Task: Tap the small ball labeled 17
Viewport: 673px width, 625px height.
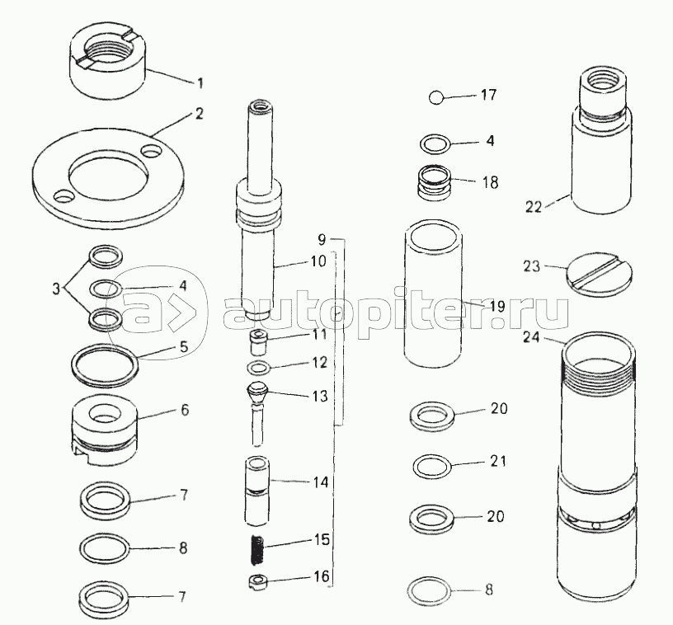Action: tap(436, 97)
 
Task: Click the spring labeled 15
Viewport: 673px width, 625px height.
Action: tap(257, 550)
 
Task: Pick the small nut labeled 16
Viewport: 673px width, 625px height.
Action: tap(257, 582)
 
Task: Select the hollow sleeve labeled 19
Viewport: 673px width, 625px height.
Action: tap(433, 294)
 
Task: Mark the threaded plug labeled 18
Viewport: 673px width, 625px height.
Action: tap(434, 181)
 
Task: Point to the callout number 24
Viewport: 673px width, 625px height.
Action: tap(531, 337)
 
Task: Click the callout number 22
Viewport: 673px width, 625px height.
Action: tap(534, 207)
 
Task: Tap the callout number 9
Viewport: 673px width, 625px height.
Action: tap(322, 239)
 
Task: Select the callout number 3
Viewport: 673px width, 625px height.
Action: tap(56, 289)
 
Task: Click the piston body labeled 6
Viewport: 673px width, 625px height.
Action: tap(104, 430)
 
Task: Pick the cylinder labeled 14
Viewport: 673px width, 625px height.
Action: tap(256, 491)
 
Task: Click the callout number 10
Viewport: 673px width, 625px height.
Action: tap(318, 261)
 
